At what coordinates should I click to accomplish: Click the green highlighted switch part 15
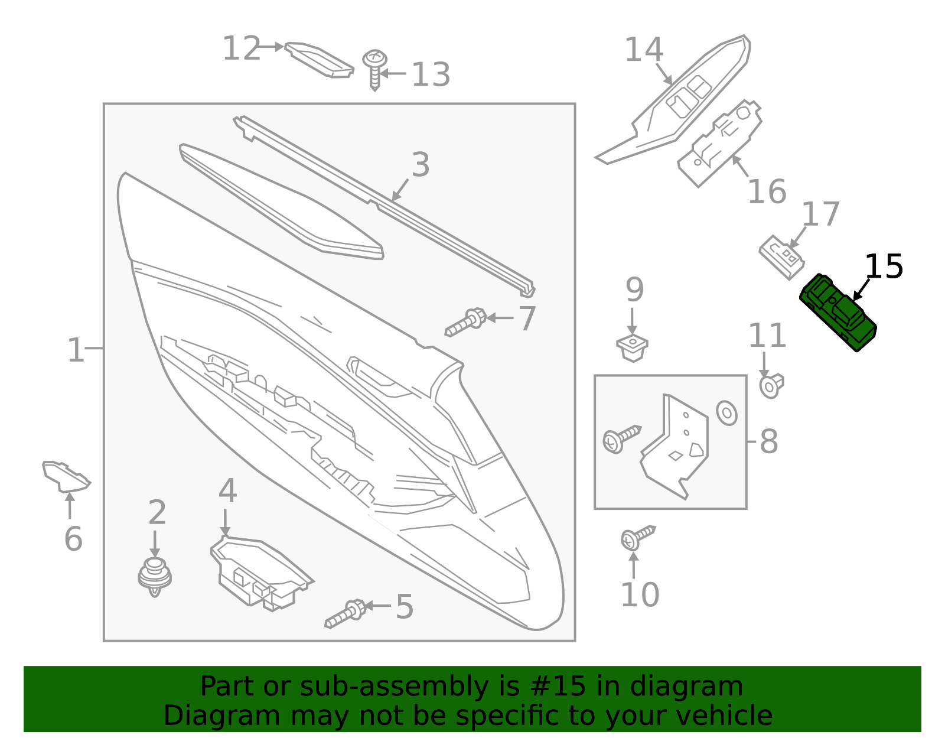click(x=838, y=312)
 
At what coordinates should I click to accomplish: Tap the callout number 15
click(x=884, y=267)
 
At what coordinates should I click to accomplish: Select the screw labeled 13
click(x=374, y=69)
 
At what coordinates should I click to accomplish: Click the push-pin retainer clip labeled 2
click(x=155, y=576)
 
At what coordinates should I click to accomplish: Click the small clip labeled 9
click(x=632, y=347)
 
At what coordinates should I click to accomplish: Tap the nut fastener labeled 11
click(x=771, y=385)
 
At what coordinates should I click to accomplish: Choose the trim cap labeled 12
click(x=319, y=59)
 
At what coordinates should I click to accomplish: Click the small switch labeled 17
click(x=781, y=256)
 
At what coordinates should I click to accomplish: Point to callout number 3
click(x=420, y=165)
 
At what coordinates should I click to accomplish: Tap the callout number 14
click(x=644, y=50)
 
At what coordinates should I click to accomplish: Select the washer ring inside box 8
click(x=726, y=412)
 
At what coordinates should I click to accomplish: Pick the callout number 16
click(x=767, y=192)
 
